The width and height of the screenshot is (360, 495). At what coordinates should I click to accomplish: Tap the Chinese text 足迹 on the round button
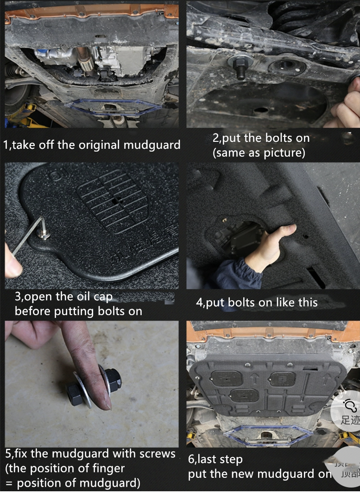pyautogui.click(x=349, y=420)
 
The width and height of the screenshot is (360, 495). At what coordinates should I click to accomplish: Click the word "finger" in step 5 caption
pyautogui.click(x=108, y=469)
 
